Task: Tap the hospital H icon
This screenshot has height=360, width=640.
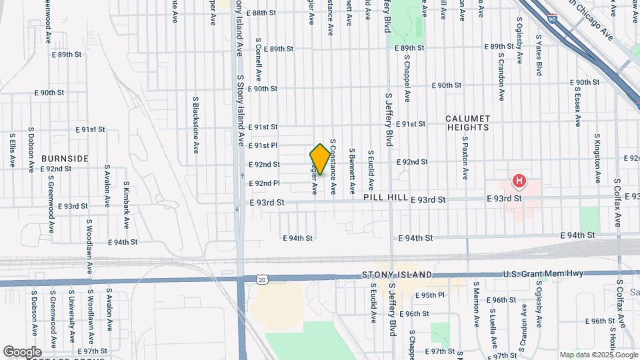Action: tap(519, 181)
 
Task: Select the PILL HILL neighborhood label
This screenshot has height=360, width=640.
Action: tap(383, 199)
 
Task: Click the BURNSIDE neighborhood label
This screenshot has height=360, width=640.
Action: tap(65, 159)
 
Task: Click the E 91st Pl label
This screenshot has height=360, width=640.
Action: tap(263, 145)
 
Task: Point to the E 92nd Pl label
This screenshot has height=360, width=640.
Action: tap(264, 183)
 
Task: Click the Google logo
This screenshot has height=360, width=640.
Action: tap(22, 351)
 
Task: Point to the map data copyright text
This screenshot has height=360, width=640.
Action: tap(598, 355)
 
